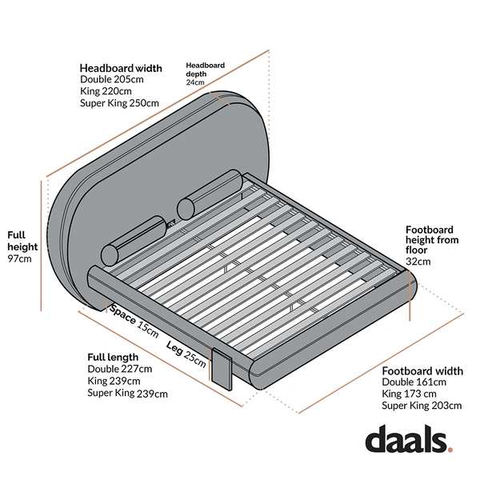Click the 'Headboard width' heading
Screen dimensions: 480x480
click(x=121, y=68)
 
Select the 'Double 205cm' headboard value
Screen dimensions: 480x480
click(x=112, y=79)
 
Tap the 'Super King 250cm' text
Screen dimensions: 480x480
click(x=119, y=103)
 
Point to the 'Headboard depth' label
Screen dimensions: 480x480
click(x=206, y=70)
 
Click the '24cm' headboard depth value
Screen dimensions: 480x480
click(x=195, y=82)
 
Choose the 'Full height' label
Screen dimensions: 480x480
click(x=22, y=241)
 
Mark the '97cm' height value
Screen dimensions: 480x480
click(x=19, y=258)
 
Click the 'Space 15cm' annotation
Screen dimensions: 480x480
click(x=134, y=321)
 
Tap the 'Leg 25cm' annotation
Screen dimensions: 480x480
click(x=186, y=354)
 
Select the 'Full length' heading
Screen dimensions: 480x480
click(x=113, y=358)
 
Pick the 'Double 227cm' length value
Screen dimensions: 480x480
click(x=120, y=369)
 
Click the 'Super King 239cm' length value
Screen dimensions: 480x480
click(x=128, y=393)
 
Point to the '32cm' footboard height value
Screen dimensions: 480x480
click(x=418, y=262)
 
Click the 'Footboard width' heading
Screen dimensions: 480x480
click(x=422, y=371)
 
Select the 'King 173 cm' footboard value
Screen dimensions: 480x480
click(x=409, y=394)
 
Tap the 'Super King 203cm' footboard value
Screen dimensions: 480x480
click(x=422, y=406)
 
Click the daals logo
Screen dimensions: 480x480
click(x=409, y=438)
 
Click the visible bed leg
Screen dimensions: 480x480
click(x=222, y=370)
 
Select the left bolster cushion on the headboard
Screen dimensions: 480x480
click(x=134, y=241)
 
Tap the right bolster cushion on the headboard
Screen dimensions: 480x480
click(x=210, y=194)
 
